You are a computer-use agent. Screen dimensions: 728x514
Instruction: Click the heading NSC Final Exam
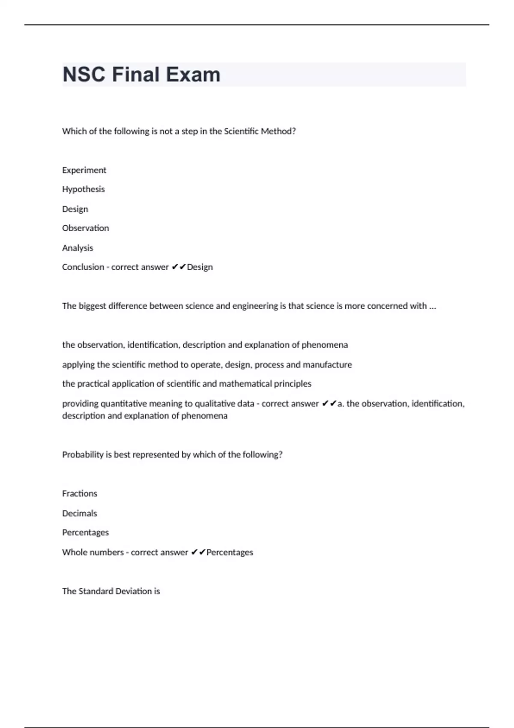coord(141,75)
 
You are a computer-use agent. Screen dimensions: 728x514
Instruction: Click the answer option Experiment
coord(84,170)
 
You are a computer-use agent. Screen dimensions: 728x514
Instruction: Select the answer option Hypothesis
coord(83,189)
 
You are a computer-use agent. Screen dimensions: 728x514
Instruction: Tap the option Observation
coord(85,228)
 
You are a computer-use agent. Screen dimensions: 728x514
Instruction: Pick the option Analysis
coord(77,248)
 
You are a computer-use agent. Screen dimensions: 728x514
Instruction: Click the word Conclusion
coord(83,267)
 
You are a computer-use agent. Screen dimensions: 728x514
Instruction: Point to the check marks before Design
coord(179,267)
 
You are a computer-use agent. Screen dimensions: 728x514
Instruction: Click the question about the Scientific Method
coord(179,131)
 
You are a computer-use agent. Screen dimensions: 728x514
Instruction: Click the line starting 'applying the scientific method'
coord(207,364)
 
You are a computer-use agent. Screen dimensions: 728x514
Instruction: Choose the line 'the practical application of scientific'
coord(186,384)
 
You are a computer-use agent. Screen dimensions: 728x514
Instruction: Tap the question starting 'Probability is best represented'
coord(172,454)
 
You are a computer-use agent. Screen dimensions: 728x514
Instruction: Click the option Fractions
coord(79,493)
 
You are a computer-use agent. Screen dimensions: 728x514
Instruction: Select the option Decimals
coord(79,513)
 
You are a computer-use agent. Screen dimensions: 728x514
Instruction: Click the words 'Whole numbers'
coord(93,552)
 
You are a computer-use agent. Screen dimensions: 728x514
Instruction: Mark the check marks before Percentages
coord(198,552)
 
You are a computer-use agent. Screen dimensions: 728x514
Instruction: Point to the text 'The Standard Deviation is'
coord(111,591)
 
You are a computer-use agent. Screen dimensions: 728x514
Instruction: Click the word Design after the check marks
coord(200,267)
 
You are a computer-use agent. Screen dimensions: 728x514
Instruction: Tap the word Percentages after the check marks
coord(230,552)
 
